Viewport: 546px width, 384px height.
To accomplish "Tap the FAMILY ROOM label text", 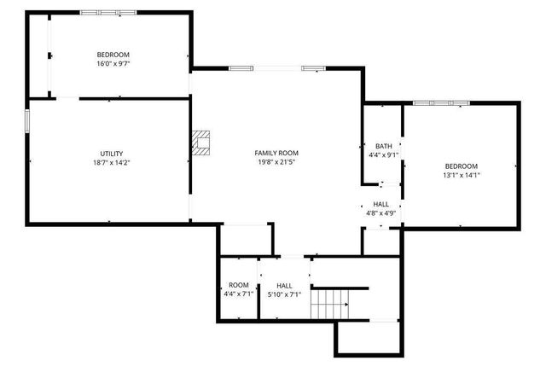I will tap(276, 153).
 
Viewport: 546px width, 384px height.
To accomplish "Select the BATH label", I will tap(382, 146).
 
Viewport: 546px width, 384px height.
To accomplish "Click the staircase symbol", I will tap(330, 303).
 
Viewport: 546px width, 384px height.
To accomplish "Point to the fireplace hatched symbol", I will tap(200, 143).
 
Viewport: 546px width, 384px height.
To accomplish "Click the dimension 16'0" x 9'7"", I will tap(113, 63).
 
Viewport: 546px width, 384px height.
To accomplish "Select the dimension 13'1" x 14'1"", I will tap(461, 176).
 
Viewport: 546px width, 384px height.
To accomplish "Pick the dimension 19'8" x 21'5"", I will tap(276, 162).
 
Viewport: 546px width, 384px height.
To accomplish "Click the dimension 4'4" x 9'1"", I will tap(382, 155).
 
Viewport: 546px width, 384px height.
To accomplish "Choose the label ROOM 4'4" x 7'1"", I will tap(238, 289).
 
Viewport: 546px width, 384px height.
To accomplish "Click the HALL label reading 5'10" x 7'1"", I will tap(284, 289).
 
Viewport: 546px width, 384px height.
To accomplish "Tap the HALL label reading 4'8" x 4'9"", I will tap(380, 209).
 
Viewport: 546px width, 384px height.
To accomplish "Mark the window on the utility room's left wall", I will tap(27, 120).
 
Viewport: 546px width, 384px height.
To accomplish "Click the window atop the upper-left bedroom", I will tap(107, 12).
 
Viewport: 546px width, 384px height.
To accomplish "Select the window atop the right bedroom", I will tap(441, 103).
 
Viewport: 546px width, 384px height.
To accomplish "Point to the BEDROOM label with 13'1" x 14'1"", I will tap(461, 166).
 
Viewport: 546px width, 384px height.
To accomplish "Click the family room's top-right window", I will tap(312, 68).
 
